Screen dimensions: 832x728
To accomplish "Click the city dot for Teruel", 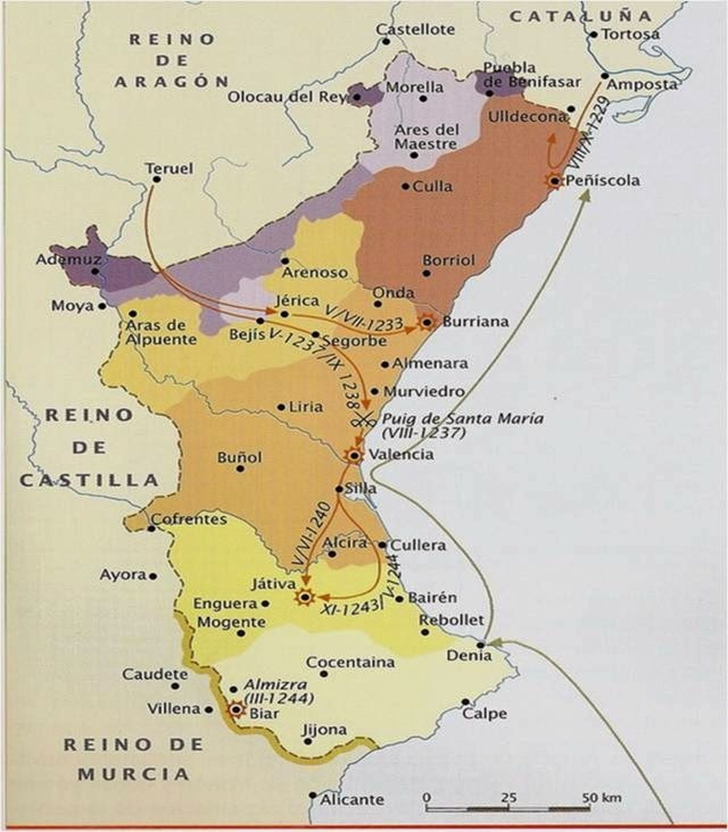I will tap(157, 180).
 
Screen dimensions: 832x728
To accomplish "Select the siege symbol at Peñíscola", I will tap(554, 181).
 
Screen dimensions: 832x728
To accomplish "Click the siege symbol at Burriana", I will tap(427, 322).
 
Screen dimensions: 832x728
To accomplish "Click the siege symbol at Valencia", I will tap(354, 455).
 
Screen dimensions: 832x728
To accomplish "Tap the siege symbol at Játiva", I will tap(304, 597).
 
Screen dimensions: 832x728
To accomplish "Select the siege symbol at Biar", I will tap(236, 709).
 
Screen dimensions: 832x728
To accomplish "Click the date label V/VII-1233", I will tap(364, 317).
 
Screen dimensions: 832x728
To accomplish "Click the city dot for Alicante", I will tap(312, 795).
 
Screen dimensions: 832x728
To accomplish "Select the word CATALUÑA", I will tap(580, 17).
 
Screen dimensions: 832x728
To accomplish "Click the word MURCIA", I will tap(133, 774).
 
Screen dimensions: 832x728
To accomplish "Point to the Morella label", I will tap(414, 87).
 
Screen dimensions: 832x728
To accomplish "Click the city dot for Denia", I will tap(480, 645).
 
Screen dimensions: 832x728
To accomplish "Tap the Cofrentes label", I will tap(189, 519).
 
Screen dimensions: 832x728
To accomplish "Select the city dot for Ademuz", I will tap(95, 271).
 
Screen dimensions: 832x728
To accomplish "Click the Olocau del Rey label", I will tap(287, 97).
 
